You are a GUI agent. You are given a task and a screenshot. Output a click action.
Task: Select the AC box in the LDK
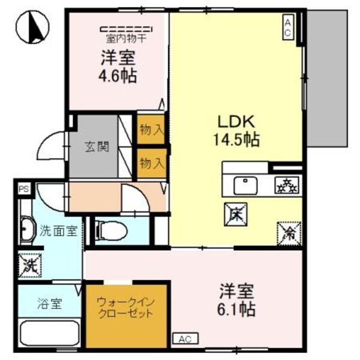pyautogui.click(x=287, y=27)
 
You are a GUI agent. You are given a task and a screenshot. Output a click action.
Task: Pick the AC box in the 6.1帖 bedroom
pyautogui.click(x=184, y=340)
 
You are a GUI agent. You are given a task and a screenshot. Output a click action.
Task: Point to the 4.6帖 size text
pyautogui.click(x=117, y=76)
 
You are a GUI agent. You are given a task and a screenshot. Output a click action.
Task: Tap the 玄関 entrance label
pyautogui.click(x=95, y=146)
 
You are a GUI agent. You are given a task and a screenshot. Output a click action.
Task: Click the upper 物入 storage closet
pyautogui.click(x=151, y=129)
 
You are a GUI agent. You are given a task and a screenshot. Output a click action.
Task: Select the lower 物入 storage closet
pyautogui.click(x=151, y=162)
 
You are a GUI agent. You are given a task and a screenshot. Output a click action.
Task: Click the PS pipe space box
pyautogui.click(x=23, y=188)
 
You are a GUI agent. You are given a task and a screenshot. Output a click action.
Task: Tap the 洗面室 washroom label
pyautogui.click(x=58, y=231)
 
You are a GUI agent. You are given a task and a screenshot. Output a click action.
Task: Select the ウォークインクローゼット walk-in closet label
pyautogui.click(x=125, y=308)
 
